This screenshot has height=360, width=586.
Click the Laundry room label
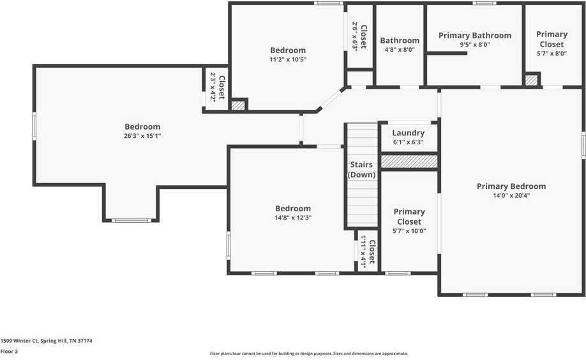click(409, 133)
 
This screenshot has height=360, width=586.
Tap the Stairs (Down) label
click(361, 170)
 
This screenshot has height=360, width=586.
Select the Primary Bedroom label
click(511, 186)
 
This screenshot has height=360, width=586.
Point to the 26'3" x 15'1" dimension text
click(142, 136)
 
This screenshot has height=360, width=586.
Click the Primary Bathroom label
click(474, 36)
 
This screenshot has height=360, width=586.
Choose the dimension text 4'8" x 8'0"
click(400, 49)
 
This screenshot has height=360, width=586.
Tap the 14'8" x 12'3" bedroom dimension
click(293, 218)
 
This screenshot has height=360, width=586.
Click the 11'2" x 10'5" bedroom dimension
click(288, 59)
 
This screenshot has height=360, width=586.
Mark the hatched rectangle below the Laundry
click(409, 161)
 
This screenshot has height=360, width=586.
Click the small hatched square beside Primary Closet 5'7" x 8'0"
click(531, 80)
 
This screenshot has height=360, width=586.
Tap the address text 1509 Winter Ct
click(46, 341)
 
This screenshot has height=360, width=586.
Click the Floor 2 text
click(9, 351)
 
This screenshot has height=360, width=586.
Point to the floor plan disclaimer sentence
click(309, 354)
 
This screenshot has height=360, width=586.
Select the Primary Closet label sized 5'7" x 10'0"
click(409, 216)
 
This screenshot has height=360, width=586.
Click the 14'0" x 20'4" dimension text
click(511, 196)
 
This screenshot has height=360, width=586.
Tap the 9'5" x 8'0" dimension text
click(474, 45)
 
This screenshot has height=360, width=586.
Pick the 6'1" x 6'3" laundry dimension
click(409, 142)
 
